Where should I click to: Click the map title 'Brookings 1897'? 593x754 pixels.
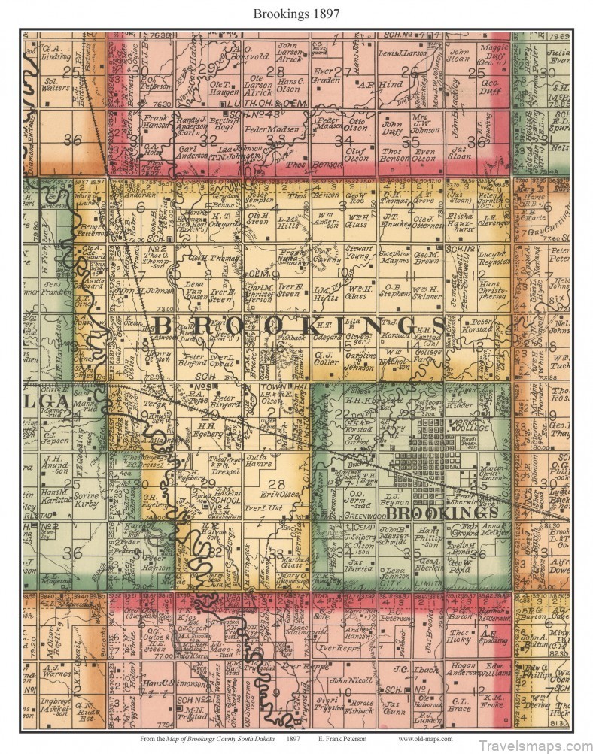click(x=296, y=13)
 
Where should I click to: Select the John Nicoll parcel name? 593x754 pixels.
click(x=360, y=680)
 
